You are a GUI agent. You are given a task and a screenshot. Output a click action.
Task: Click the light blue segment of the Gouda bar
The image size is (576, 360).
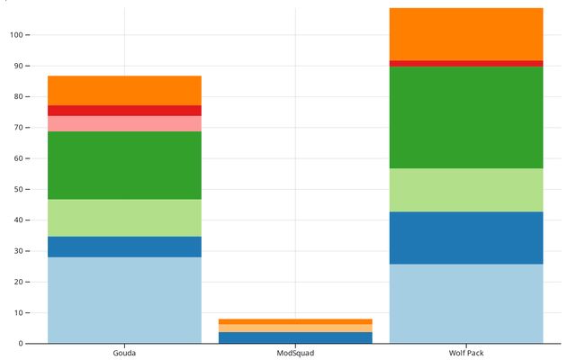pos(124,300)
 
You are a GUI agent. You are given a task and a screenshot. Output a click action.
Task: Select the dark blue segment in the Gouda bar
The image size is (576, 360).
pos(124,247)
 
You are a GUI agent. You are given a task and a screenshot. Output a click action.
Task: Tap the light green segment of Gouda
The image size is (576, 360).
pos(124,218)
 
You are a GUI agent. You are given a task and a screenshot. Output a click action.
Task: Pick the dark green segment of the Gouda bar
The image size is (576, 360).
pos(124,166)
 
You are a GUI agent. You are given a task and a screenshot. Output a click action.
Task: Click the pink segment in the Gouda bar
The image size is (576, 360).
pos(124,123)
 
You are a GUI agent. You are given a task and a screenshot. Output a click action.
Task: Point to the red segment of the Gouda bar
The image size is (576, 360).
pos(124,111)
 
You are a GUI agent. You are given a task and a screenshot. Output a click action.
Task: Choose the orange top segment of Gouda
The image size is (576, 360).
pos(124,90)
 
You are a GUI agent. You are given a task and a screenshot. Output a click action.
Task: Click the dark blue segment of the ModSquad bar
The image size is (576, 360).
pos(295,337)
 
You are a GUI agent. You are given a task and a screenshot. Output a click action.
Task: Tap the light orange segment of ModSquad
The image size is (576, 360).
pos(295,328)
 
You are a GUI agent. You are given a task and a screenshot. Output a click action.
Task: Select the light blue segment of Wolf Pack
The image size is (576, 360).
pos(466,303)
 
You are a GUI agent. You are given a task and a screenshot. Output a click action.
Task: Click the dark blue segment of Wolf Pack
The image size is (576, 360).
pos(466,238)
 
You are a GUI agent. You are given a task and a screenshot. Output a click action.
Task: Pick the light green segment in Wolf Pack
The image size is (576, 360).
pos(466,190)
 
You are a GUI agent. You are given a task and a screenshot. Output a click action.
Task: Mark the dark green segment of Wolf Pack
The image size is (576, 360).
pos(466,117)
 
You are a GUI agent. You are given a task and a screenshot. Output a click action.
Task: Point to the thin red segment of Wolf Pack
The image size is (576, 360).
pos(466,63)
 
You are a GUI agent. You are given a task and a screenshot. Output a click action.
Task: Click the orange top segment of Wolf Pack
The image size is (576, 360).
pos(466,34)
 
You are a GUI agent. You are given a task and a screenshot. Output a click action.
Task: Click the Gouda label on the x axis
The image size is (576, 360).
pos(124,353)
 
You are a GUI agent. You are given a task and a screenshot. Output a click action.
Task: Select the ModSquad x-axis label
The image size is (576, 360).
pos(295,353)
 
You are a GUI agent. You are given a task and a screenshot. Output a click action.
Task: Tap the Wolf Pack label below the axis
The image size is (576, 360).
pos(466,353)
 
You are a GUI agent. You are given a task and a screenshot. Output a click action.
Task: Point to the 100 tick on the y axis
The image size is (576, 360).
pos(15,35)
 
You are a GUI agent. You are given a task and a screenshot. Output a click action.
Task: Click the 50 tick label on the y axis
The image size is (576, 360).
pos(17,189)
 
